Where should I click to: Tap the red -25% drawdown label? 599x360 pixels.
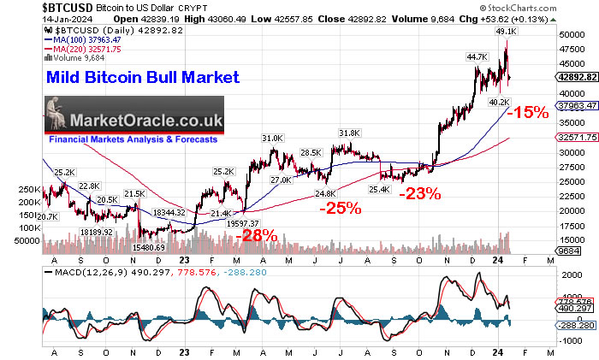click(339, 208)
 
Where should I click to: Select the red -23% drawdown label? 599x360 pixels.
click(419, 193)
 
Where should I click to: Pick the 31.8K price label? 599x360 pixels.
click(348, 133)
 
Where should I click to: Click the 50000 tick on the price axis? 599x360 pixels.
click(566, 35)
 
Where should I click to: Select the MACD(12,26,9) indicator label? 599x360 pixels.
click(72, 271)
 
